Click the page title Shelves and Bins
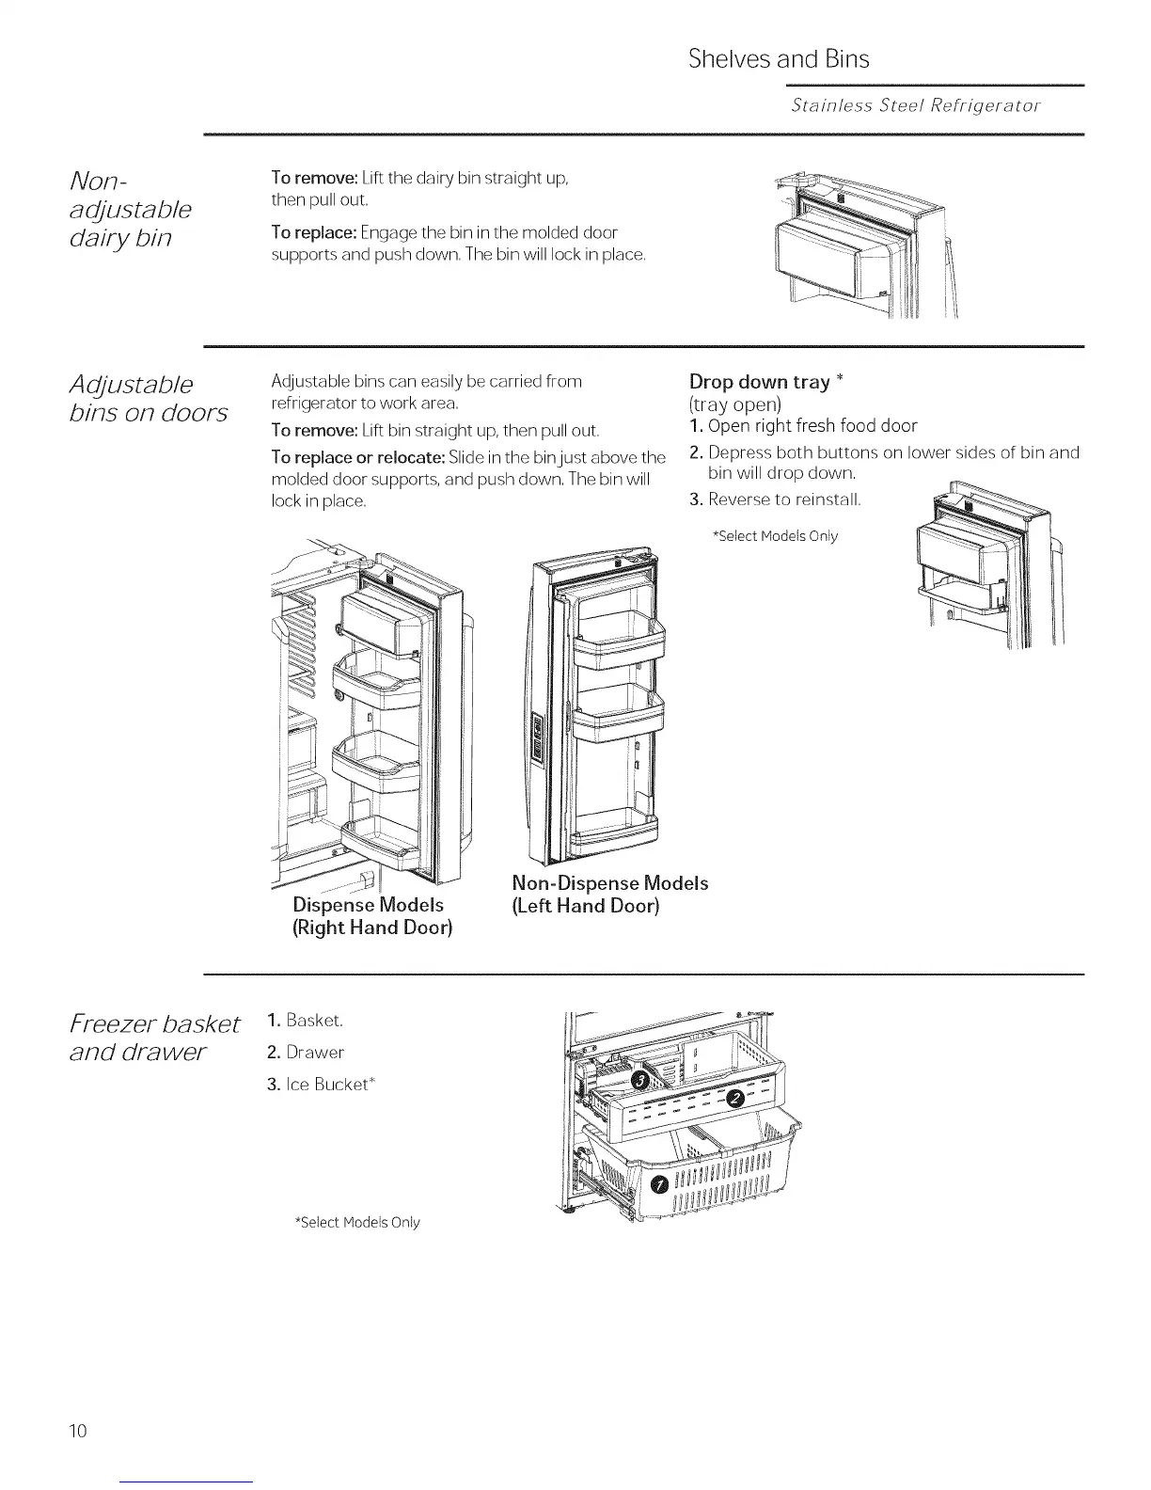tap(779, 59)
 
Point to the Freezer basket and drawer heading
tap(155, 1036)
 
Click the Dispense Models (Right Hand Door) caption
tap(372, 916)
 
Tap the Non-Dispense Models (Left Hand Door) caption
tap(609, 895)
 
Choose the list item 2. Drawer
tap(306, 1053)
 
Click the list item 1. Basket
tap(306, 1021)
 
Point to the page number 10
tap(77, 1432)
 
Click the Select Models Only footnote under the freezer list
tap(357, 1223)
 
